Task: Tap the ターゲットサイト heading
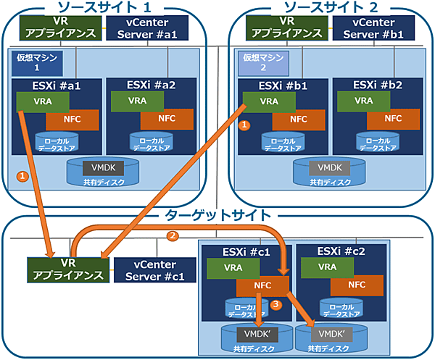[217, 215]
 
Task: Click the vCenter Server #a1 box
[148, 28]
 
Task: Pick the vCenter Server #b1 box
[374, 28]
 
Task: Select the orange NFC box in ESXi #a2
[166, 119]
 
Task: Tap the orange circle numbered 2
[172, 235]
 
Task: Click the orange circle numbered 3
[276, 305]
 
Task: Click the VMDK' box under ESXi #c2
[330, 334]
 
